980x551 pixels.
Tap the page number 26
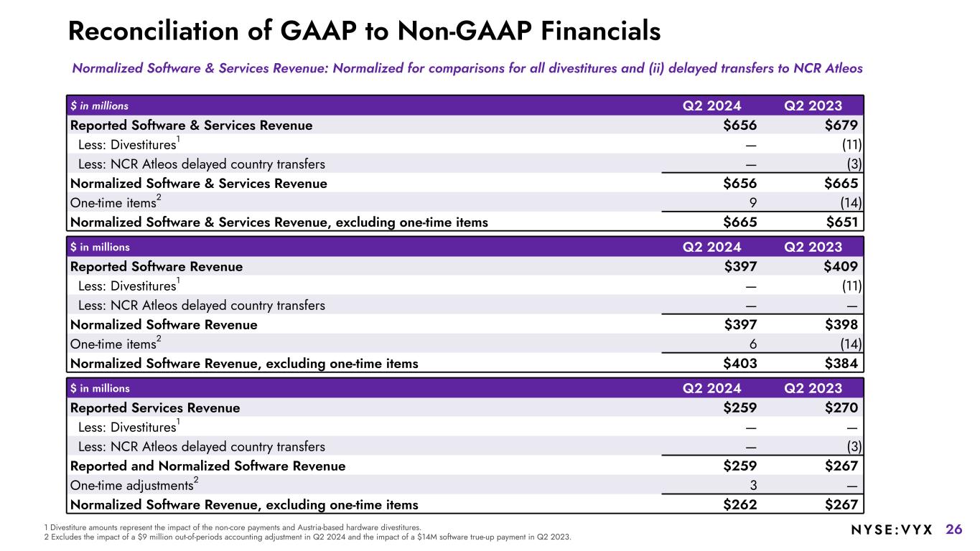click(953, 529)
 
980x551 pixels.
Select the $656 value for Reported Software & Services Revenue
click(739, 126)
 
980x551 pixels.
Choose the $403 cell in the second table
click(739, 363)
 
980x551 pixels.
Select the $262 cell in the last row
click(739, 504)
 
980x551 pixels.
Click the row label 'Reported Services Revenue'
click(155, 408)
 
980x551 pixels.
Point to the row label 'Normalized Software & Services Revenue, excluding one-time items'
click(279, 222)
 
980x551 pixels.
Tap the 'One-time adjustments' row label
click(133, 485)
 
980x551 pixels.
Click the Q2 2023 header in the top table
click(813, 105)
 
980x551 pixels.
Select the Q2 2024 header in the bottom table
click(711, 388)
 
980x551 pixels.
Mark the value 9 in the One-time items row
click(752, 202)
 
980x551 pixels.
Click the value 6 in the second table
click(752, 344)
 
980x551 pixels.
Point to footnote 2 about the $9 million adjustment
click(308, 537)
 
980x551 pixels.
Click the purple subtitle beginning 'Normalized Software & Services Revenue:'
click(467, 68)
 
